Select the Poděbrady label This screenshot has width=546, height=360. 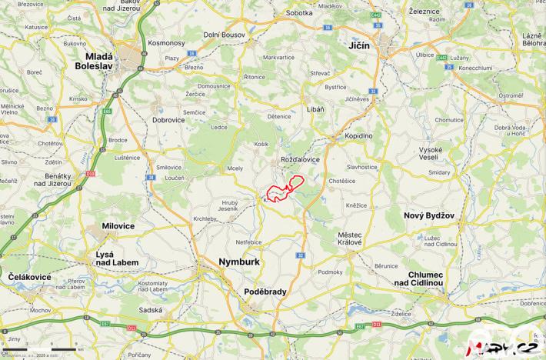(265, 292)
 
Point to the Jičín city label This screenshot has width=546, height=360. (358, 47)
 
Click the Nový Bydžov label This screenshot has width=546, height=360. (427, 216)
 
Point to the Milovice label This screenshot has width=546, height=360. (118, 226)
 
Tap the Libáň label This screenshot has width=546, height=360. (315, 110)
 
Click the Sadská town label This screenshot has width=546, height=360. (151, 309)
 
